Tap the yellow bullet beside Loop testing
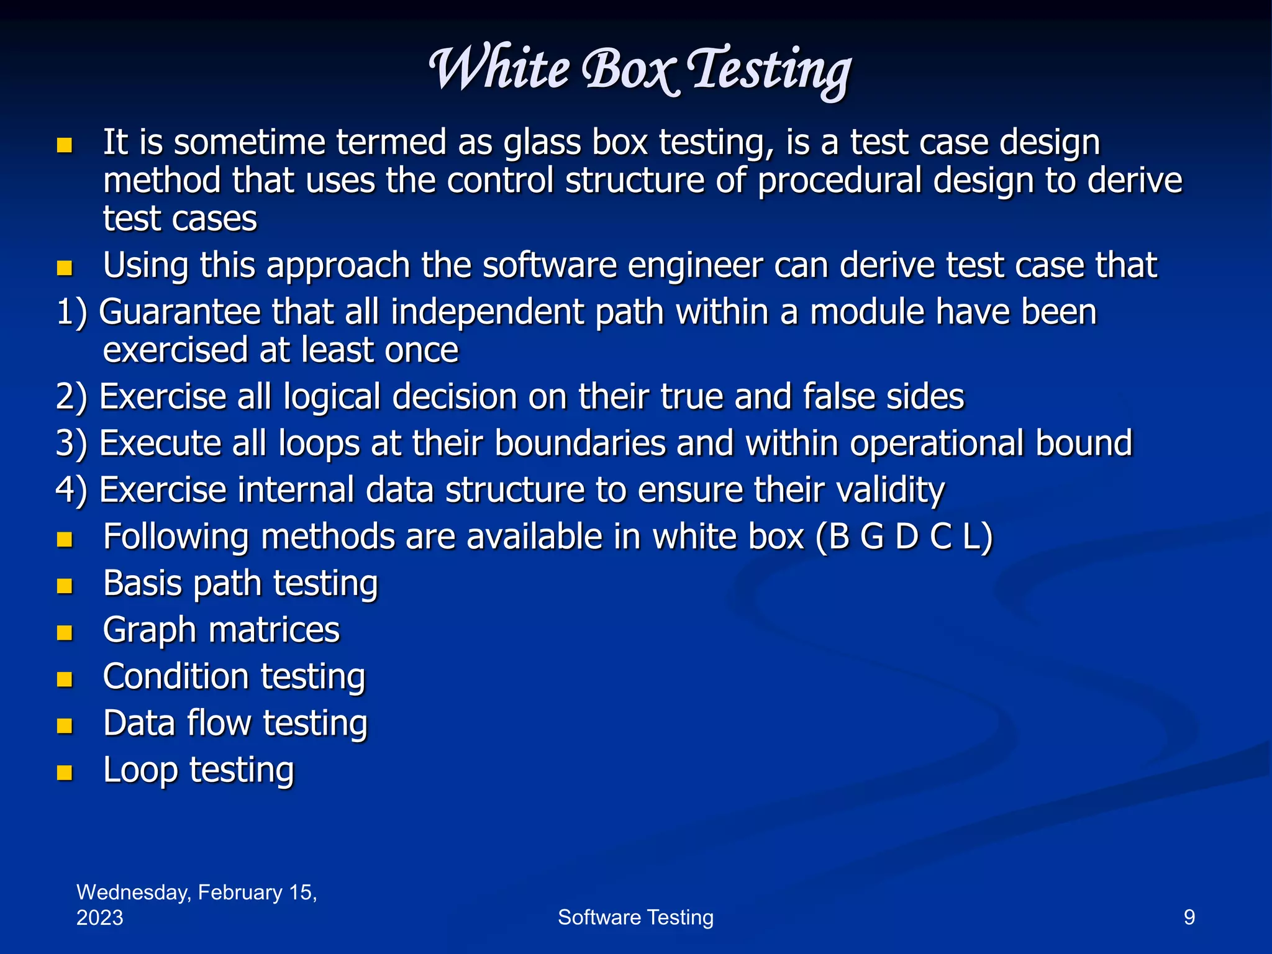tap(65, 772)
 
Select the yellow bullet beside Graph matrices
tap(65, 632)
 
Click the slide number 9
tap(1189, 917)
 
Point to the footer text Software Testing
tap(635, 917)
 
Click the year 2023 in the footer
tap(99, 917)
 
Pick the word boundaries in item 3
tap(579, 443)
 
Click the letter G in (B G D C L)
tap(872, 537)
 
